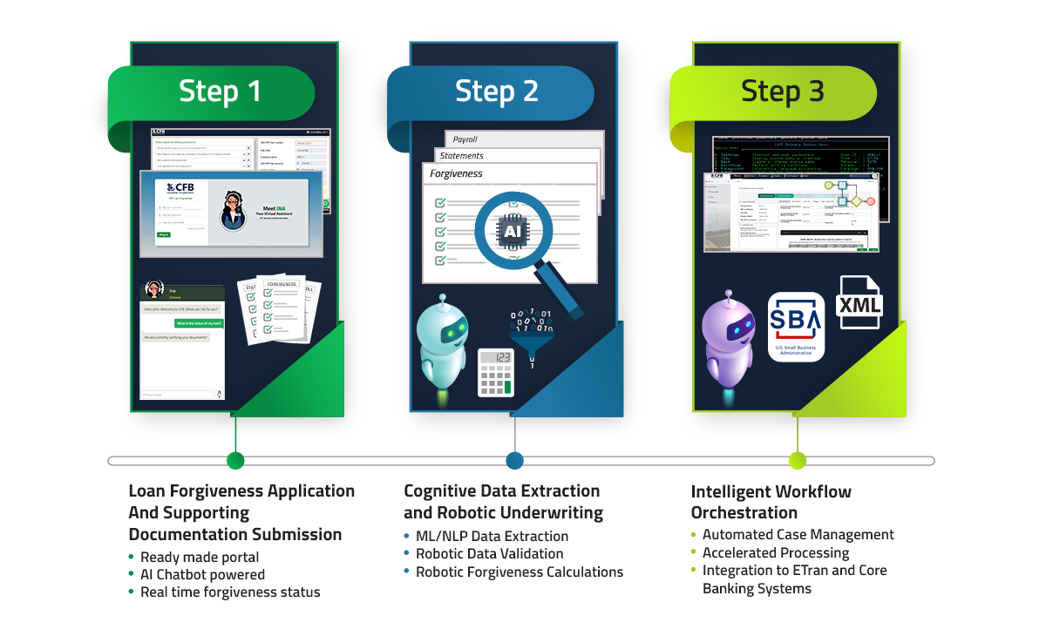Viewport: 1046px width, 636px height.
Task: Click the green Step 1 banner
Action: tap(219, 91)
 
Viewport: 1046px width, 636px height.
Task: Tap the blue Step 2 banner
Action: tap(496, 91)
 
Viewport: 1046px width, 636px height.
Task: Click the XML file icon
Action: tap(859, 303)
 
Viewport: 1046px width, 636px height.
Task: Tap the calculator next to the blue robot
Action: tap(495, 372)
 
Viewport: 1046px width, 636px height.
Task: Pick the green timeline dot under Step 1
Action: tap(234, 461)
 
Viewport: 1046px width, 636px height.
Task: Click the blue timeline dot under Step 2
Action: tap(514, 461)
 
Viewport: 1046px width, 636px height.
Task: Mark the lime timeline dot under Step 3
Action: tap(797, 461)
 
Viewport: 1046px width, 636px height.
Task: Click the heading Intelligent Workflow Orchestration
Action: tap(771, 502)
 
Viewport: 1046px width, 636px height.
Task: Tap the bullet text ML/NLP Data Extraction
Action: tap(492, 537)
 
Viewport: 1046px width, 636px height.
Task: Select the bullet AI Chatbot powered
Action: tap(202, 575)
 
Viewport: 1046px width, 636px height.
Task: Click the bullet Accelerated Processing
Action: tap(776, 553)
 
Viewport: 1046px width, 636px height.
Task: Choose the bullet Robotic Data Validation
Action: tap(489, 554)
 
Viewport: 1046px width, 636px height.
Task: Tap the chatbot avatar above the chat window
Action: tap(155, 289)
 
